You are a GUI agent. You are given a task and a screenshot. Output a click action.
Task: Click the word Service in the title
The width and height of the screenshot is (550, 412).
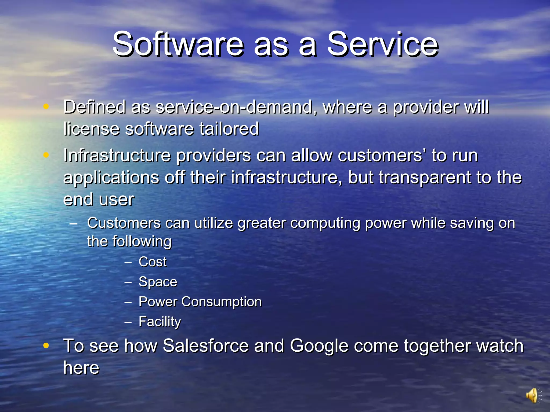[x=382, y=44]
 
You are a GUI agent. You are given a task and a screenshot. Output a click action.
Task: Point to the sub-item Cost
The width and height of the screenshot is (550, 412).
[x=153, y=262]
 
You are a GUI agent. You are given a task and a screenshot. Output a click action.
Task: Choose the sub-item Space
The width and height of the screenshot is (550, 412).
[x=158, y=282]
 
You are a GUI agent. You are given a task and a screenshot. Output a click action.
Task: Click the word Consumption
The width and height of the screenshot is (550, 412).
[x=221, y=302]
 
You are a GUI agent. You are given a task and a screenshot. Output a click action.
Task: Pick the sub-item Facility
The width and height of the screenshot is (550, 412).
[x=160, y=322]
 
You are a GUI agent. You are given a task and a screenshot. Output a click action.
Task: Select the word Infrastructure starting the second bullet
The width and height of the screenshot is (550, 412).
[x=117, y=156]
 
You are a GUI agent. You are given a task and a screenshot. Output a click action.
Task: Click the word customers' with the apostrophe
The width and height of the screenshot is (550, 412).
[x=382, y=156]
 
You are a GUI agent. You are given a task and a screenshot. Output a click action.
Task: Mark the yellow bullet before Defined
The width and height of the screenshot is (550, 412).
[x=46, y=106]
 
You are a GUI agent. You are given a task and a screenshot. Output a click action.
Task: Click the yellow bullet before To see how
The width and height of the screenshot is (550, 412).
[x=46, y=345]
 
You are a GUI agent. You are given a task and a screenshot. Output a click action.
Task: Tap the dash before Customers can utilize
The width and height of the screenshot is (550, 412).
[x=73, y=223]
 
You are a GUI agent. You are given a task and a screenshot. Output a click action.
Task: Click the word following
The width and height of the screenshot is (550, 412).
[x=142, y=241]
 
